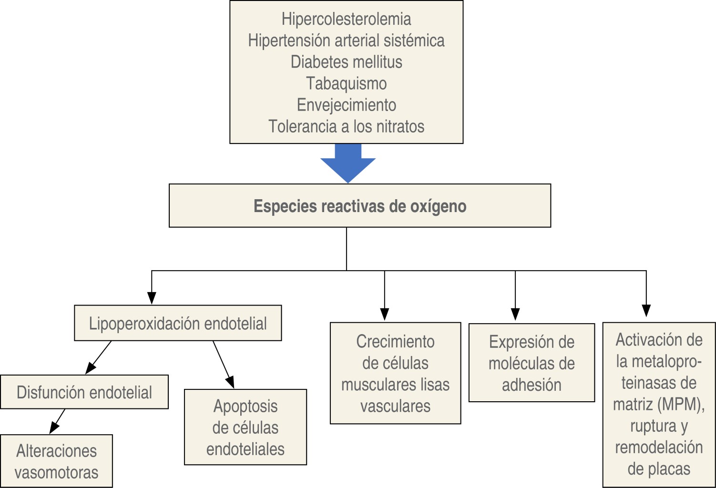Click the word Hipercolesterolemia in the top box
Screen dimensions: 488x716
pyautogui.click(x=346, y=19)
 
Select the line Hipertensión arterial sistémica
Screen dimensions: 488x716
pyautogui.click(x=346, y=41)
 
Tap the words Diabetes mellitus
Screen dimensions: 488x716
pyautogui.click(x=346, y=62)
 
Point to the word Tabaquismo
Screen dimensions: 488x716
pyautogui.click(x=346, y=83)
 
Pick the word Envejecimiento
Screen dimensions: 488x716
pyautogui.click(x=346, y=105)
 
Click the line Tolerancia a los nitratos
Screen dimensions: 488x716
pyautogui.click(x=346, y=126)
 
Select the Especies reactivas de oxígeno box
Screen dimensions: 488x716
pyautogui.click(x=360, y=206)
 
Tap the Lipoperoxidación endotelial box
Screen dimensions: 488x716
pyautogui.click(x=178, y=323)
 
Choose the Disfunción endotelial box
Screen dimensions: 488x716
pyautogui.click(x=84, y=392)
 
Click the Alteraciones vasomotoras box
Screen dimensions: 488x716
pyautogui.click(x=56, y=461)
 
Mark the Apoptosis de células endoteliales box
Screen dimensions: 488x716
pyautogui.click(x=245, y=427)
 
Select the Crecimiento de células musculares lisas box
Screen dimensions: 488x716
pyautogui.click(x=395, y=373)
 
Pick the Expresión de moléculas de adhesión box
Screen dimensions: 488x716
pyautogui.click(x=532, y=363)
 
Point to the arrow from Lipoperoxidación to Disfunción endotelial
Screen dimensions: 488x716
pyautogui.click(x=99, y=357)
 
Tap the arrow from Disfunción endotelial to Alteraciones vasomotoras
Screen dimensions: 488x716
pyautogui.click(x=58, y=421)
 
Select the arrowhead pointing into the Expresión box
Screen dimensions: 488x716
pyautogui.click(x=515, y=315)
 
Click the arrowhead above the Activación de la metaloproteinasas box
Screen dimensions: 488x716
pyautogui.click(x=646, y=311)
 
